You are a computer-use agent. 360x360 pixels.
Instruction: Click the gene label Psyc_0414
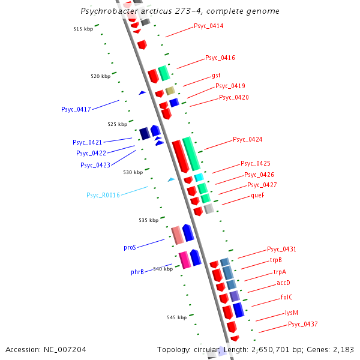tap(208, 26)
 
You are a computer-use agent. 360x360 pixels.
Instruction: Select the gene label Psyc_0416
tap(220, 58)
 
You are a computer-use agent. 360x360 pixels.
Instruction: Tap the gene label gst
tap(216, 76)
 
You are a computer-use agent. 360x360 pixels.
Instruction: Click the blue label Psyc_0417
tap(76, 109)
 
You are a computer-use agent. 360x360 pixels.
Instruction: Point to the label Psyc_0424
tap(247, 140)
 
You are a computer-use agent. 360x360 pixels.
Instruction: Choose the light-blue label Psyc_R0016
tap(103, 195)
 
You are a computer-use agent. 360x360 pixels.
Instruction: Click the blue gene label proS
tap(130, 247)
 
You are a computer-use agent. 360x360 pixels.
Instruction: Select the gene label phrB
tap(137, 272)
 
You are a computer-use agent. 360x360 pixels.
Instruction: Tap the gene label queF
tap(257, 196)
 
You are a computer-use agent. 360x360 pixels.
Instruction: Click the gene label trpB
tap(275, 260)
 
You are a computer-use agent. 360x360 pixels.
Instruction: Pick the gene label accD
tap(283, 283)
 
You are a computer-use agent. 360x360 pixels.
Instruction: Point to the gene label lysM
tap(291, 313)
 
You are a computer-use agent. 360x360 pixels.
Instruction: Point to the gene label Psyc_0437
tap(302, 325)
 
